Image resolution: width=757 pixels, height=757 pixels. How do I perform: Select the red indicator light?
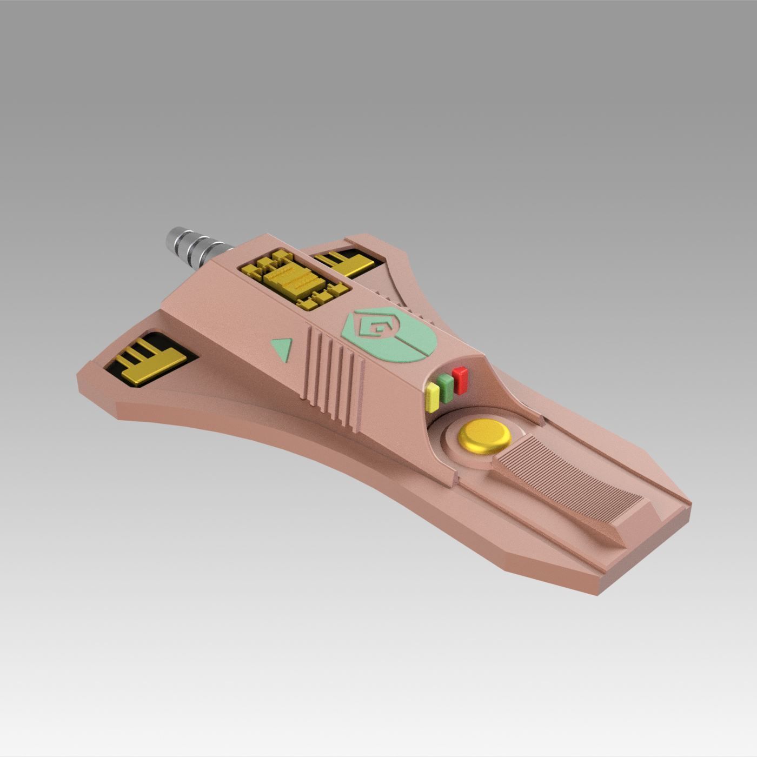pos(461,379)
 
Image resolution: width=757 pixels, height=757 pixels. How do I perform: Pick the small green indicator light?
pos(446,387)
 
